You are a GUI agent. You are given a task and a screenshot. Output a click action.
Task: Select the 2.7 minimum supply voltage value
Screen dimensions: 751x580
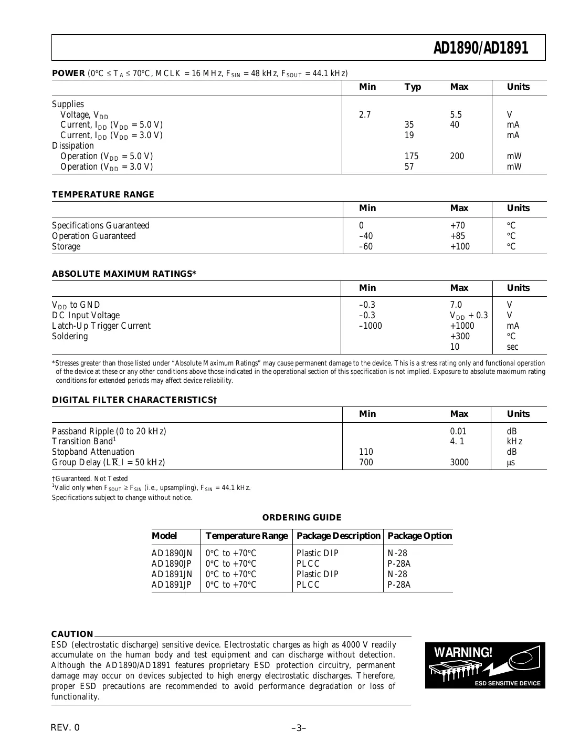pos(365,114)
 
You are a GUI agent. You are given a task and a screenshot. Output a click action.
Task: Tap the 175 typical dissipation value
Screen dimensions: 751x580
pos(411,157)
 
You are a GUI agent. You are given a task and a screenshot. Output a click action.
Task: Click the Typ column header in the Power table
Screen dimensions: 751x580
pos(413,87)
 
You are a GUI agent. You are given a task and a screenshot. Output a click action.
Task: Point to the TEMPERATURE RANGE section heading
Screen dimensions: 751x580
pos(103,195)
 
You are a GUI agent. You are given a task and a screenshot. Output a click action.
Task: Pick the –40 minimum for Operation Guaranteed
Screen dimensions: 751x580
pos(366,236)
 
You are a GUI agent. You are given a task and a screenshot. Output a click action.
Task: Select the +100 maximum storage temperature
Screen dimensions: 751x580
pos(460,247)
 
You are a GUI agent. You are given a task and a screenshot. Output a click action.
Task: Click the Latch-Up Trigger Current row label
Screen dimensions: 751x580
pos(101,326)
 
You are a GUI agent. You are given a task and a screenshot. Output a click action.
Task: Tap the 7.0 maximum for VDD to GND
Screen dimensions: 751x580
pos(456,305)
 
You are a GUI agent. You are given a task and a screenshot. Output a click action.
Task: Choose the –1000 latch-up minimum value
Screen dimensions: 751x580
pos(370,326)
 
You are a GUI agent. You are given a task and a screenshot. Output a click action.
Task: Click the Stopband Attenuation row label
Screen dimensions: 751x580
pos(93,452)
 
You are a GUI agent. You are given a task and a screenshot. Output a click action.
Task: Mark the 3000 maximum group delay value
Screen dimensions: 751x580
pos(459,463)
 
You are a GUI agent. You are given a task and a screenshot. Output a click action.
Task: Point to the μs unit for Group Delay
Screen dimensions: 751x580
pos(511,463)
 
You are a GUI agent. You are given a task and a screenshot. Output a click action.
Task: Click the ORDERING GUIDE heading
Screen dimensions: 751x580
pos(302,518)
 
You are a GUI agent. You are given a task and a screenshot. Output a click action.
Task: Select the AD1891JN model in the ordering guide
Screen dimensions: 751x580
pos(172,574)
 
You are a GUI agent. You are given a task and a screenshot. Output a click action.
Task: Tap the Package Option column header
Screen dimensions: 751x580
pos(419,536)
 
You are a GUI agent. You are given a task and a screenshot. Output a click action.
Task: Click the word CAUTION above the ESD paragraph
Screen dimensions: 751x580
pos(72,634)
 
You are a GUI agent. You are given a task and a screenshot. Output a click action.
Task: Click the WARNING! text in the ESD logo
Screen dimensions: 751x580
pos(463,653)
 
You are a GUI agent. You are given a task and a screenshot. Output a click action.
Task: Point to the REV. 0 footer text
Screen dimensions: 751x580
pos(66,728)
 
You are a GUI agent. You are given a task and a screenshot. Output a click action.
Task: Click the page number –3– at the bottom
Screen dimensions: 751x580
pos(298,728)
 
